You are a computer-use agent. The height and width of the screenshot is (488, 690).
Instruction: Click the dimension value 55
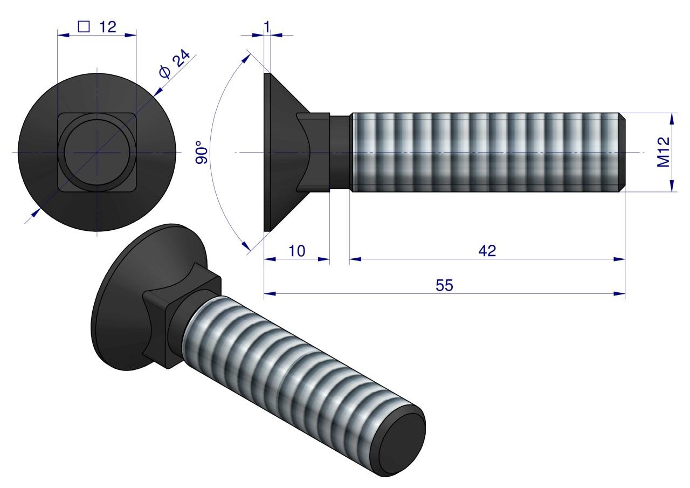[x=445, y=285]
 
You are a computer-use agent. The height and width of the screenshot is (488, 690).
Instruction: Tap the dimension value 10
[x=296, y=251]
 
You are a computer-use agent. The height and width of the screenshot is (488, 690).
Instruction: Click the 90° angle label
[x=200, y=153]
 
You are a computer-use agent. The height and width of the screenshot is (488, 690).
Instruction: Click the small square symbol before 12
[x=84, y=27]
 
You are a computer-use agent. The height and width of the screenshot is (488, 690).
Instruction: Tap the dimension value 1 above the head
[x=267, y=25]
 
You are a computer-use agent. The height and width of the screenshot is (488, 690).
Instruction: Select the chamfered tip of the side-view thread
[x=622, y=152]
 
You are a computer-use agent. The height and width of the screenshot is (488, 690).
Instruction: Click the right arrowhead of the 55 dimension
[x=620, y=294]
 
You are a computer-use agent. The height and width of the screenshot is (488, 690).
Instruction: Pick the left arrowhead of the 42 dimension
[x=354, y=259]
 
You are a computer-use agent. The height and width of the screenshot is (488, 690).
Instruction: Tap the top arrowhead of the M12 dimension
[x=672, y=117]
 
